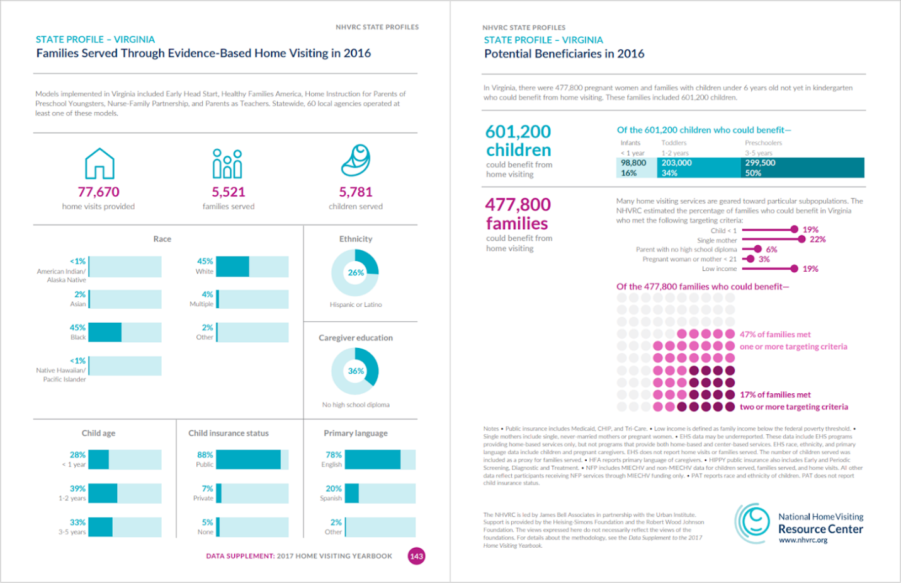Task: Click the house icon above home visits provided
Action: pos(99,163)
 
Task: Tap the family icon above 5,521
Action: pos(227,164)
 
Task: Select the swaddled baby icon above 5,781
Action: pos(356,161)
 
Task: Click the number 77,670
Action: pos(98,192)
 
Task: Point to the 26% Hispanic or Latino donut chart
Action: pos(355,273)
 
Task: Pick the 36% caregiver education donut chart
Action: pos(355,371)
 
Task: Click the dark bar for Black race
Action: pos(105,332)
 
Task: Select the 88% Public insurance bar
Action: pos(248,459)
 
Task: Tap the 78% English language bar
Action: pos(372,459)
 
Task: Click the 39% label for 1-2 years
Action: pos(77,488)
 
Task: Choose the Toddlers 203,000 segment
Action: pos(699,168)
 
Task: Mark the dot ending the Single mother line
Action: pos(802,240)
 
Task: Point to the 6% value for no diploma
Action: pos(771,250)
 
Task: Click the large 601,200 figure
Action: pos(518,132)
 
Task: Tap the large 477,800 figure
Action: pos(518,205)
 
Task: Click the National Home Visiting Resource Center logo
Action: pos(753,523)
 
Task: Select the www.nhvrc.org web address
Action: pos(803,540)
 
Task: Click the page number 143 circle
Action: pos(416,556)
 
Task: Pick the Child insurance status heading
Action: pos(229,433)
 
